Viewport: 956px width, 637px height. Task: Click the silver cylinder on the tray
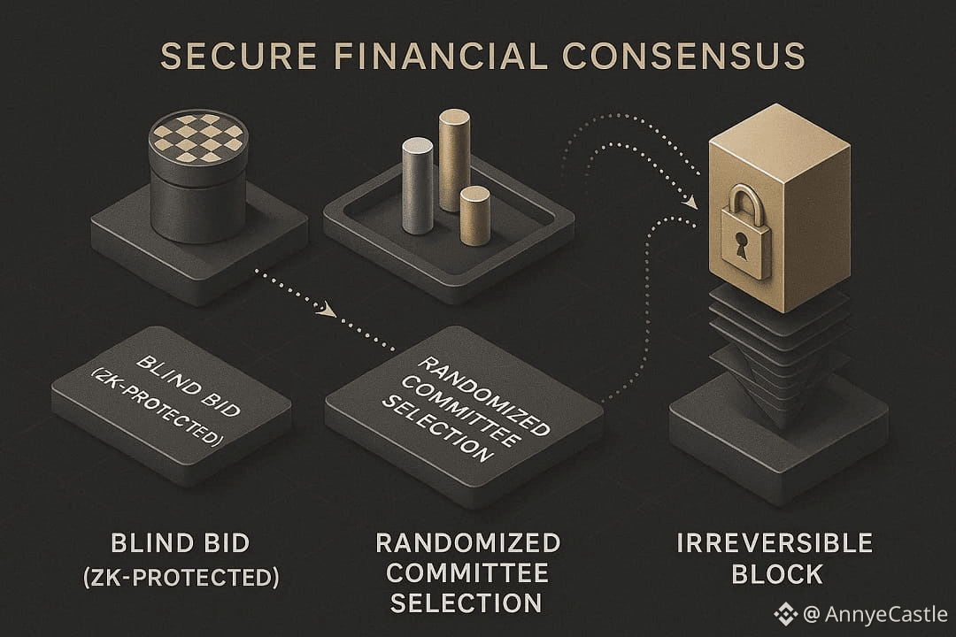(x=418, y=186)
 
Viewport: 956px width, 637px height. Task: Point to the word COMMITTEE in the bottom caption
(x=466, y=573)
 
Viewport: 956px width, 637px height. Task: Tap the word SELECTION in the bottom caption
(x=466, y=603)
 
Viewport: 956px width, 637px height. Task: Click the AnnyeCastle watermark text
(x=884, y=613)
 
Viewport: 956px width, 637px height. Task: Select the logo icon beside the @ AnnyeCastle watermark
(x=785, y=613)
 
